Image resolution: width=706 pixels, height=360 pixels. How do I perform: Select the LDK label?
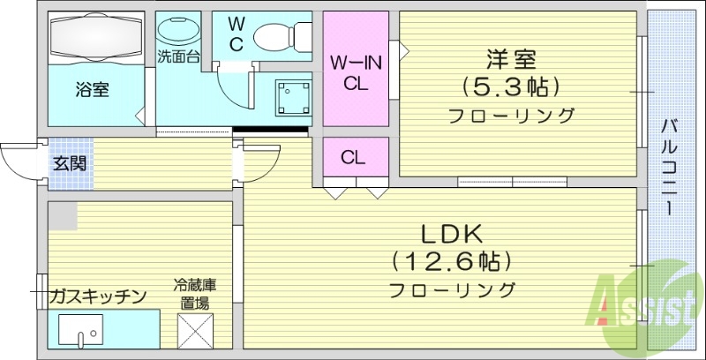(x=450, y=235)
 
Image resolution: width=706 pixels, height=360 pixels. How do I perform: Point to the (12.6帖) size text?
(x=451, y=261)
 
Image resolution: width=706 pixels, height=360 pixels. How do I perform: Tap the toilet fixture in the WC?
(x=278, y=38)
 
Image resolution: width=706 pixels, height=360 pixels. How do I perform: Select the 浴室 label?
(x=92, y=89)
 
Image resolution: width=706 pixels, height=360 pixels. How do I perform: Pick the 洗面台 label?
(x=178, y=57)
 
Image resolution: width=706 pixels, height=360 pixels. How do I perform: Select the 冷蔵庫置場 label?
(x=194, y=294)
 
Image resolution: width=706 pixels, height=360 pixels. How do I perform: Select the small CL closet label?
(x=354, y=158)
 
